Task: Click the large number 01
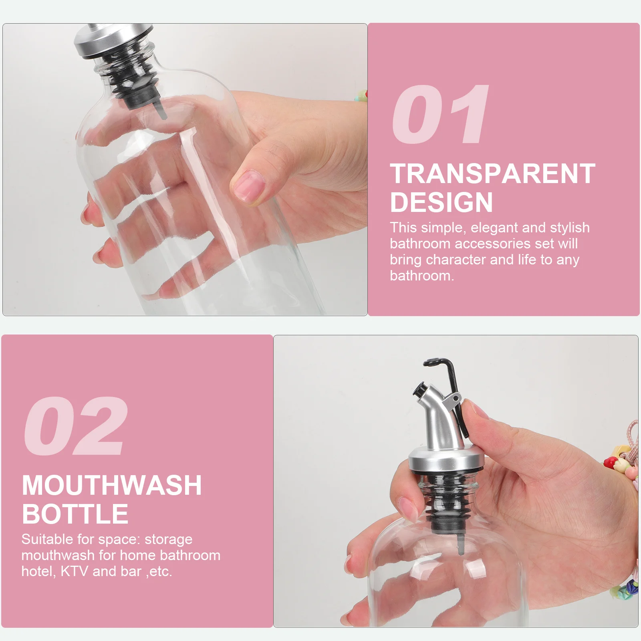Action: (440, 115)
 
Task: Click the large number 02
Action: (75, 426)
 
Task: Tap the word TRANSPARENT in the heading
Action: (492, 174)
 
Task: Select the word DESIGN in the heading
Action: (441, 202)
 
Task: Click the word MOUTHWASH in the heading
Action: (112, 486)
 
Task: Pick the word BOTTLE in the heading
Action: (75, 514)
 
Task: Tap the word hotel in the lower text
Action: (37, 571)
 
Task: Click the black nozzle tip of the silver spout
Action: (420, 389)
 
